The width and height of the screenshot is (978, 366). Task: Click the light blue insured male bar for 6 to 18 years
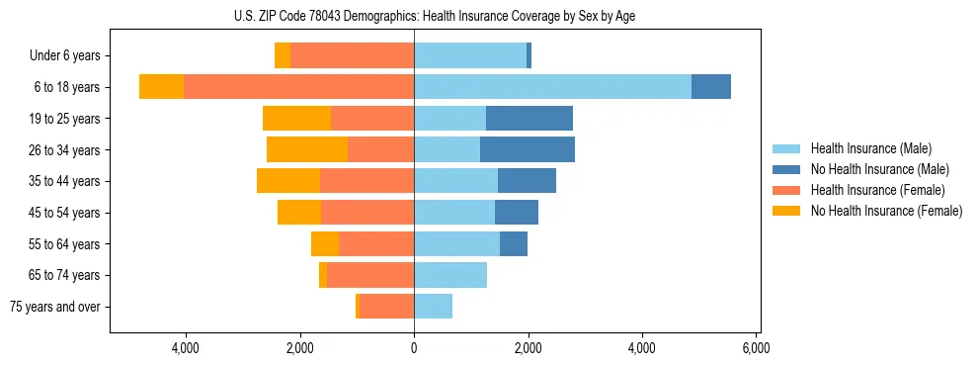[x=552, y=87]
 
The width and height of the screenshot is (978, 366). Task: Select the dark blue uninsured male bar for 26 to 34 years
[x=528, y=149]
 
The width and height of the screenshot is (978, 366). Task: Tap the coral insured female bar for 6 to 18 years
[x=298, y=87]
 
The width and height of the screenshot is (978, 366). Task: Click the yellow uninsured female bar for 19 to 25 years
[x=296, y=119]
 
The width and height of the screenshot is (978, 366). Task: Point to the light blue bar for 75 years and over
[x=433, y=307]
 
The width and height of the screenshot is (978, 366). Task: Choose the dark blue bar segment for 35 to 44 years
[x=527, y=181]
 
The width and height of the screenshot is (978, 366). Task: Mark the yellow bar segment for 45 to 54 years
[x=299, y=213]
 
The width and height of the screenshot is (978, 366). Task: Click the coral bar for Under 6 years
[x=352, y=56]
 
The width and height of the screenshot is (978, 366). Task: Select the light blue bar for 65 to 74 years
[x=450, y=275]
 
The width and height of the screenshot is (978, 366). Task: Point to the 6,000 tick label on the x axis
[x=756, y=348]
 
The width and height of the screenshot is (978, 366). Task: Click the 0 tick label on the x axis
[x=414, y=348]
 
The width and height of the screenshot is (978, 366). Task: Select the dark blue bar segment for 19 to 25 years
[x=530, y=119]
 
